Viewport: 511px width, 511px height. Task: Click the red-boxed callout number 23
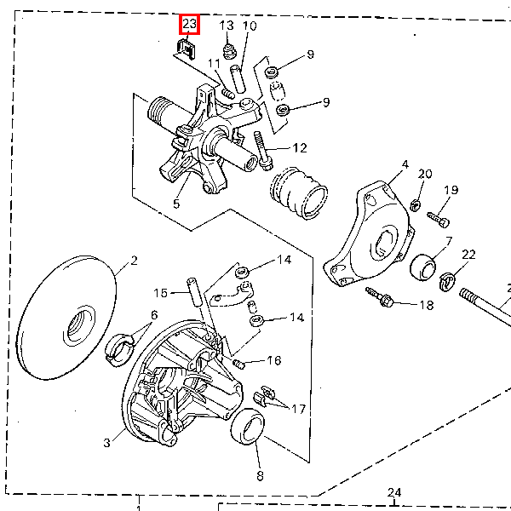pyautogui.click(x=189, y=24)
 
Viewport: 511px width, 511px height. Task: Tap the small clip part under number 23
pyautogui.click(x=186, y=49)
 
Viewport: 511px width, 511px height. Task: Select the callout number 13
pyautogui.click(x=227, y=26)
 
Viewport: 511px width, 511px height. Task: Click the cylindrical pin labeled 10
pyautogui.click(x=238, y=79)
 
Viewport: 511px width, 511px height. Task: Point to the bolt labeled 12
pyautogui.click(x=263, y=151)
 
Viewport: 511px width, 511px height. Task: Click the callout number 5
pyautogui.click(x=176, y=204)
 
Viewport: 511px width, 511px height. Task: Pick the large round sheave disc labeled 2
pyautogui.click(x=66, y=318)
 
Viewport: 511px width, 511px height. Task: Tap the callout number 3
pyautogui.click(x=107, y=443)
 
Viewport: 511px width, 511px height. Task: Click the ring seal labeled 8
pyautogui.click(x=248, y=427)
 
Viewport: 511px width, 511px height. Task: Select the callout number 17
pyautogui.click(x=299, y=409)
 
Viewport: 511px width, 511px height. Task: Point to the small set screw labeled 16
pyautogui.click(x=238, y=364)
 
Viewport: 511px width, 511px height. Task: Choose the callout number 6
pyautogui.click(x=154, y=315)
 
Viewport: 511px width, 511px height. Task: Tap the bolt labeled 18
pyautogui.click(x=380, y=297)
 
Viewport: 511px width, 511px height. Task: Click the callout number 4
pyautogui.click(x=405, y=164)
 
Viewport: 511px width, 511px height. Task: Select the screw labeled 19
pyautogui.click(x=439, y=220)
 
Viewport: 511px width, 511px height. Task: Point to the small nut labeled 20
pyautogui.click(x=415, y=205)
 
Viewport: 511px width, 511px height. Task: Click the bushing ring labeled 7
pyautogui.click(x=422, y=267)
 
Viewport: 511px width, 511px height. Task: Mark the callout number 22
pyautogui.click(x=468, y=255)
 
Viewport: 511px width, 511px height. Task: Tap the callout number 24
pyautogui.click(x=394, y=492)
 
